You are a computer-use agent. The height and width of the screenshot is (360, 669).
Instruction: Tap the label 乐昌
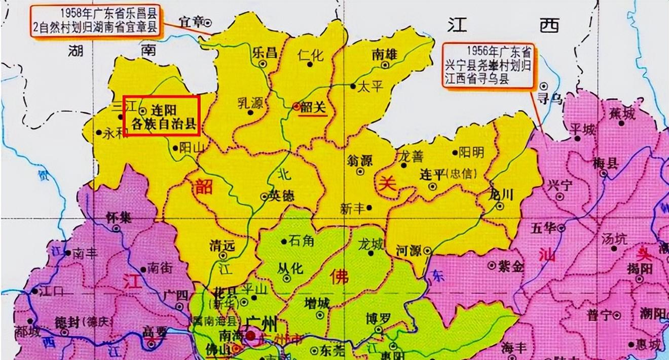(265, 52)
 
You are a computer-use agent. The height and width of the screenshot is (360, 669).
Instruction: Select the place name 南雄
(384, 55)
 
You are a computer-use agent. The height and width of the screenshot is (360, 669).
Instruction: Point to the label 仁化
(311, 55)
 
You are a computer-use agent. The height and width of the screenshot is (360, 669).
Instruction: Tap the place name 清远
(222, 246)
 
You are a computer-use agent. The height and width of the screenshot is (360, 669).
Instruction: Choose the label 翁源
(360, 161)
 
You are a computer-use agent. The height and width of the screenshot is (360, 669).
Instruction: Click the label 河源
(409, 250)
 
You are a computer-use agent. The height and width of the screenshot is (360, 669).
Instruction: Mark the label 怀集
(119, 217)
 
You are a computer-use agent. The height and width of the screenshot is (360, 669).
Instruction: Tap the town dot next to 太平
(353, 86)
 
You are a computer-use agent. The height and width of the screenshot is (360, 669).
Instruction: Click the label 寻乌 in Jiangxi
(551, 99)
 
